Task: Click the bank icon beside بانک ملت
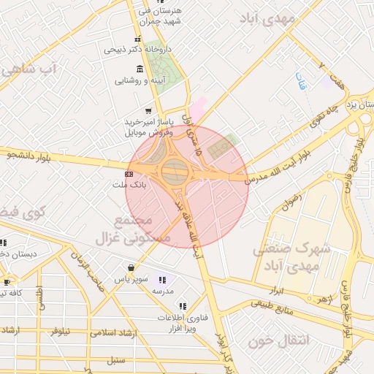click(x=129, y=175)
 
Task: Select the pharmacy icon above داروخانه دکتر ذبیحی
click(x=137, y=39)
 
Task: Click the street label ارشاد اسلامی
click(x=118, y=332)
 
